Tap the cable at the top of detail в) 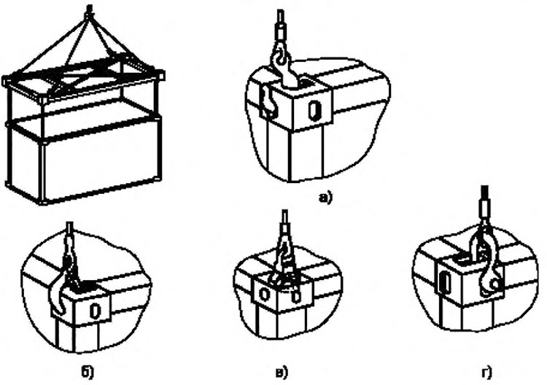click(284, 219)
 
